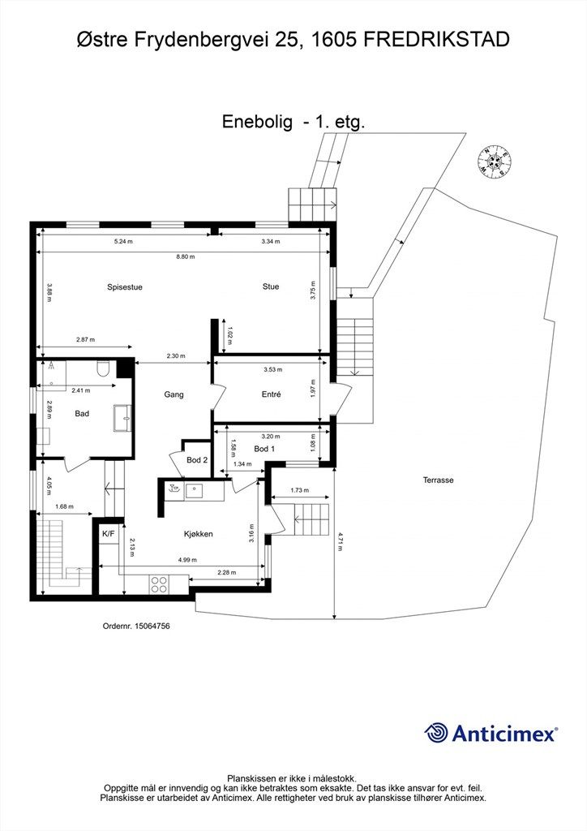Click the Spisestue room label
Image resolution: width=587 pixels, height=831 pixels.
[124, 287]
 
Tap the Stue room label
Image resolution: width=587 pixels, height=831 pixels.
[271, 286]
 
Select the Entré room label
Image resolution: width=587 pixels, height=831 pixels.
[271, 394]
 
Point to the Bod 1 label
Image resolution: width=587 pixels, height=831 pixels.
[264, 449]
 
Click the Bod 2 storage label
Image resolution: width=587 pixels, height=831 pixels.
[197, 460]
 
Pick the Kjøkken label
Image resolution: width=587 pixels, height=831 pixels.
[199, 534]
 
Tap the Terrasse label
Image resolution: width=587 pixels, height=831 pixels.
[438, 480]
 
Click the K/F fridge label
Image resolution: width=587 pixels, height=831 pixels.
[109, 534]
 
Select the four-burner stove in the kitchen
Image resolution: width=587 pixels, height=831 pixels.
[159, 584]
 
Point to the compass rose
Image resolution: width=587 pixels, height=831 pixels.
[495, 160]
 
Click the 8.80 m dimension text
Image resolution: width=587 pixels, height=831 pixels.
[185, 256]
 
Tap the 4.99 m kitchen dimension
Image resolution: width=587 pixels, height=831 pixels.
[187, 560]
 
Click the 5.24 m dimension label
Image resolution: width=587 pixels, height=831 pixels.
[123, 242]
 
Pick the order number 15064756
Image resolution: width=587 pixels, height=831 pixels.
[136, 626]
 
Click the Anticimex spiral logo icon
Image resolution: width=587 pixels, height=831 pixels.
[436, 733]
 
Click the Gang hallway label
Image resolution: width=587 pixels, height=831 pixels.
[174, 394]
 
